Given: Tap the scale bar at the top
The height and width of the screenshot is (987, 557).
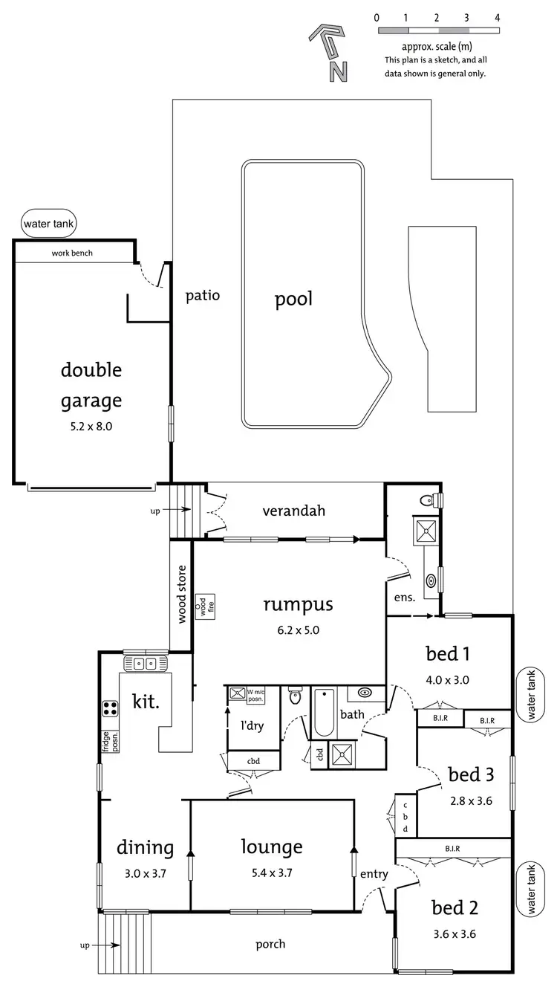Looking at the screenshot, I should pyautogui.click(x=437, y=30).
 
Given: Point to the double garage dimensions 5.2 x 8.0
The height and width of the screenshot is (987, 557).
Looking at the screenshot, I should pyautogui.click(x=91, y=427).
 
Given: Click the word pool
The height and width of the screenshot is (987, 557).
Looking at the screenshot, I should pyautogui.click(x=293, y=300).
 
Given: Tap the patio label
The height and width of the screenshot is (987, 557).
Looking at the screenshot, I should pyautogui.click(x=202, y=295).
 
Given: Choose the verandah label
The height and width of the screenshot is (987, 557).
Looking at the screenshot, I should pyautogui.click(x=294, y=511).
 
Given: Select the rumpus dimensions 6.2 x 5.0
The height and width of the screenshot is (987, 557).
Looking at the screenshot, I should pyautogui.click(x=298, y=630).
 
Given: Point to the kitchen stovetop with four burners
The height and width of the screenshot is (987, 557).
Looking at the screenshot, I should pyautogui.click(x=110, y=708).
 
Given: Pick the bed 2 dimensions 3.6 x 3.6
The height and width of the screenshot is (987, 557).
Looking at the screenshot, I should pyautogui.click(x=455, y=933).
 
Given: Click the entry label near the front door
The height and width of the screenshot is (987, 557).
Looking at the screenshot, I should pyautogui.click(x=374, y=875).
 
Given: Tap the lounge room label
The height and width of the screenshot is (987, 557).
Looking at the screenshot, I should pyautogui.click(x=272, y=847).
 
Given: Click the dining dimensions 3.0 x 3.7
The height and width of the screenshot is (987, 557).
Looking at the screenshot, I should pyautogui.click(x=146, y=873).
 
